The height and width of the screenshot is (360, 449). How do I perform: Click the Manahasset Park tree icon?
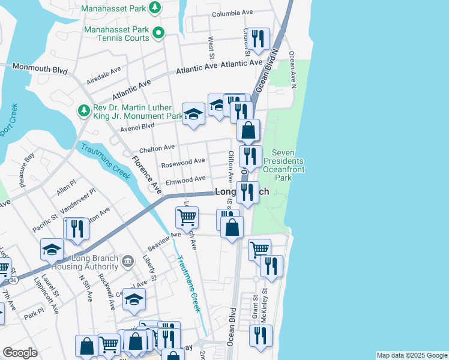[x=155, y=8]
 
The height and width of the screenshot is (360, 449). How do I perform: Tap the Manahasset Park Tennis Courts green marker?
[x=158, y=33]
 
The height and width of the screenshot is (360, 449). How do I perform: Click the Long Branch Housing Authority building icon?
[x=127, y=261]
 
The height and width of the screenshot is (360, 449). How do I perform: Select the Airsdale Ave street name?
[x=103, y=78]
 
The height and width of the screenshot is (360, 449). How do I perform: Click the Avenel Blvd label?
[x=137, y=126]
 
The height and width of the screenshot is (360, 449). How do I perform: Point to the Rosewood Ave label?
[x=182, y=162]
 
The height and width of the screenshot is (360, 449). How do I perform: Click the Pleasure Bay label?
[x=28, y=170]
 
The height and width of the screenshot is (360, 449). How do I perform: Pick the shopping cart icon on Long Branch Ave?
[x=187, y=218]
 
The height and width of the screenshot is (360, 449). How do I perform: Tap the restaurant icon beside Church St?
[x=258, y=39]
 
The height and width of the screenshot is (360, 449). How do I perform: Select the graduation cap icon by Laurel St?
[x=52, y=249]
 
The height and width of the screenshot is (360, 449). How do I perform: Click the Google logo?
[x=20, y=353]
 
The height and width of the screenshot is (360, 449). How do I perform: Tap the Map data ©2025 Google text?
[x=411, y=355]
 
